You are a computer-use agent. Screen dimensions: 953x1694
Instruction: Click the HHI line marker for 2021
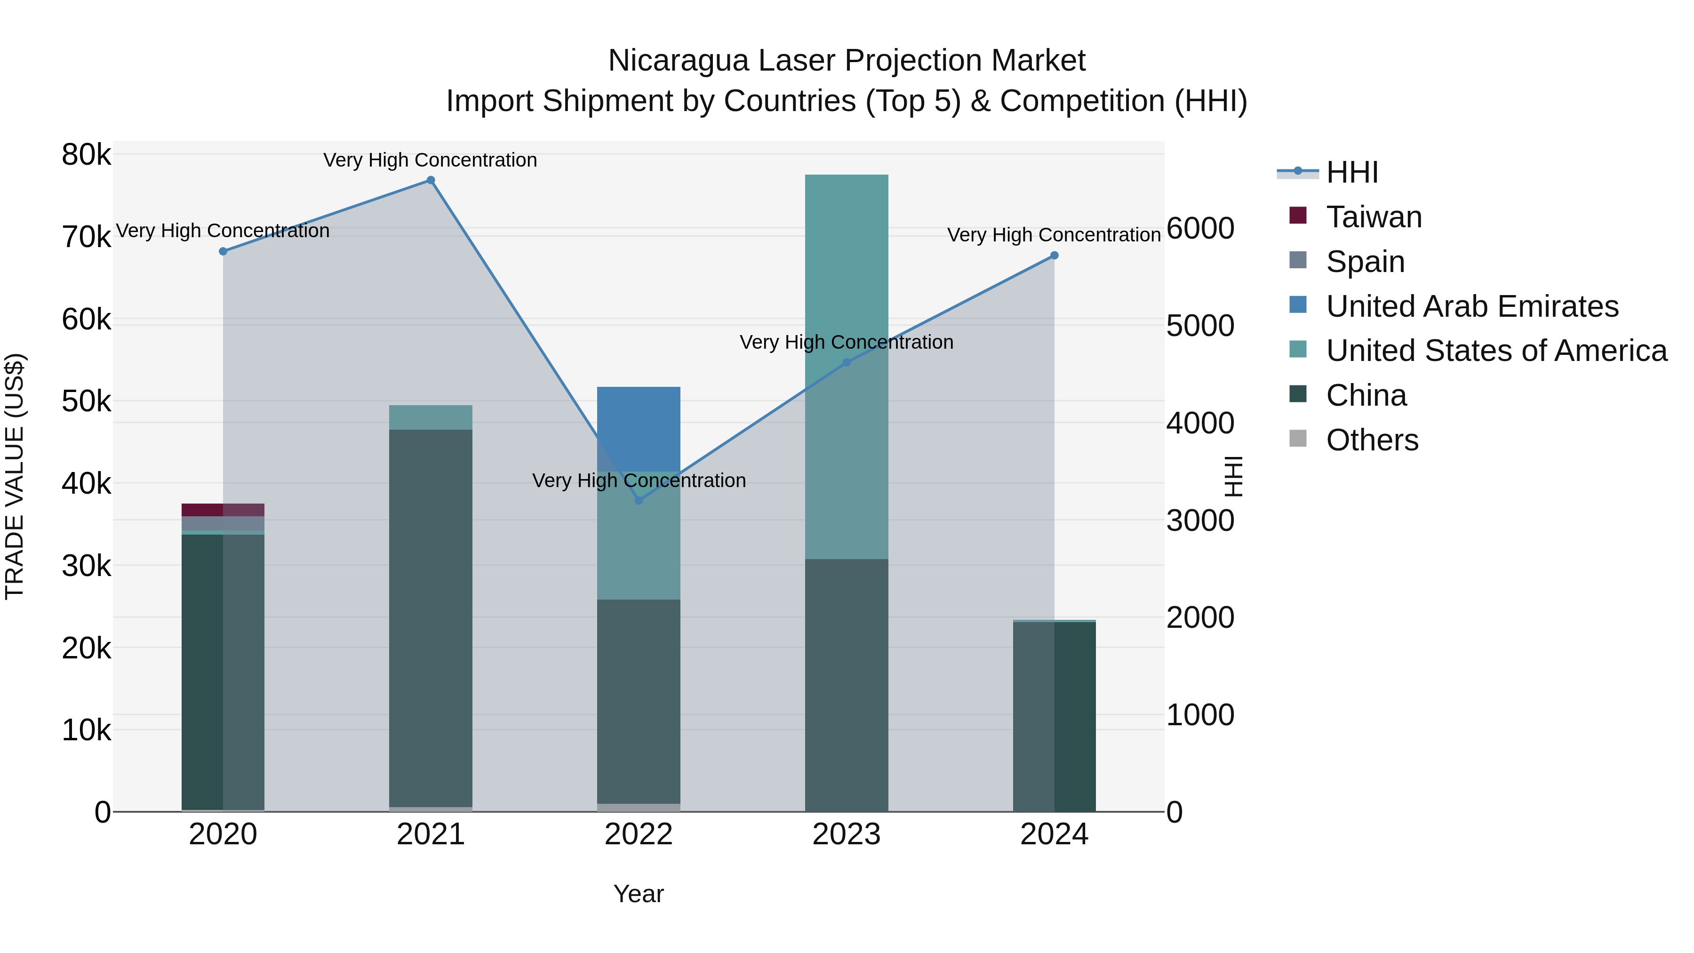point(431,180)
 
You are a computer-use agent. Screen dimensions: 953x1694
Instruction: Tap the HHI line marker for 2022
point(639,501)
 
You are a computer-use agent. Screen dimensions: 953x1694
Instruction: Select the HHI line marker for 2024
point(1054,255)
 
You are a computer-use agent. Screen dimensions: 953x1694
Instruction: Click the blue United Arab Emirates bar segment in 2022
point(639,421)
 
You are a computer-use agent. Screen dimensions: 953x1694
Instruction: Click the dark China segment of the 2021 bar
point(431,618)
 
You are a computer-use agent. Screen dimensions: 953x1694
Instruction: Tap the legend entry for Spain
point(1365,262)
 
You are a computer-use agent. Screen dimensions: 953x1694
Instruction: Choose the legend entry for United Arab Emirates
point(1472,306)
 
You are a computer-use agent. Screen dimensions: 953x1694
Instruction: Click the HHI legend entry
point(1351,172)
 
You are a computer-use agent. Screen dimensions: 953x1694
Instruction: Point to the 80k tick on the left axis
point(87,155)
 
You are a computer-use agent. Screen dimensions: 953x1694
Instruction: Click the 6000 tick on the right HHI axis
point(1200,228)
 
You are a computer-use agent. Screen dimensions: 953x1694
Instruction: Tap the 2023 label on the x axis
point(847,834)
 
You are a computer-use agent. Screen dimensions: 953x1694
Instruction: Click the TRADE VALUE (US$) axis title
point(15,476)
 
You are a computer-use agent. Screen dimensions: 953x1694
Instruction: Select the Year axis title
point(639,894)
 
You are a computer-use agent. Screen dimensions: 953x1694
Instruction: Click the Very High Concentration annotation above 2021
point(430,160)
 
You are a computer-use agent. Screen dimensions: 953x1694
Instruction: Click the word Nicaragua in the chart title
point(677,61)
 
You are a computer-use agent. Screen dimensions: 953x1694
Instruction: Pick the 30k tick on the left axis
point(87,566)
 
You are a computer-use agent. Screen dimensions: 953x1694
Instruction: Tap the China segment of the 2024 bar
point(1054,717)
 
